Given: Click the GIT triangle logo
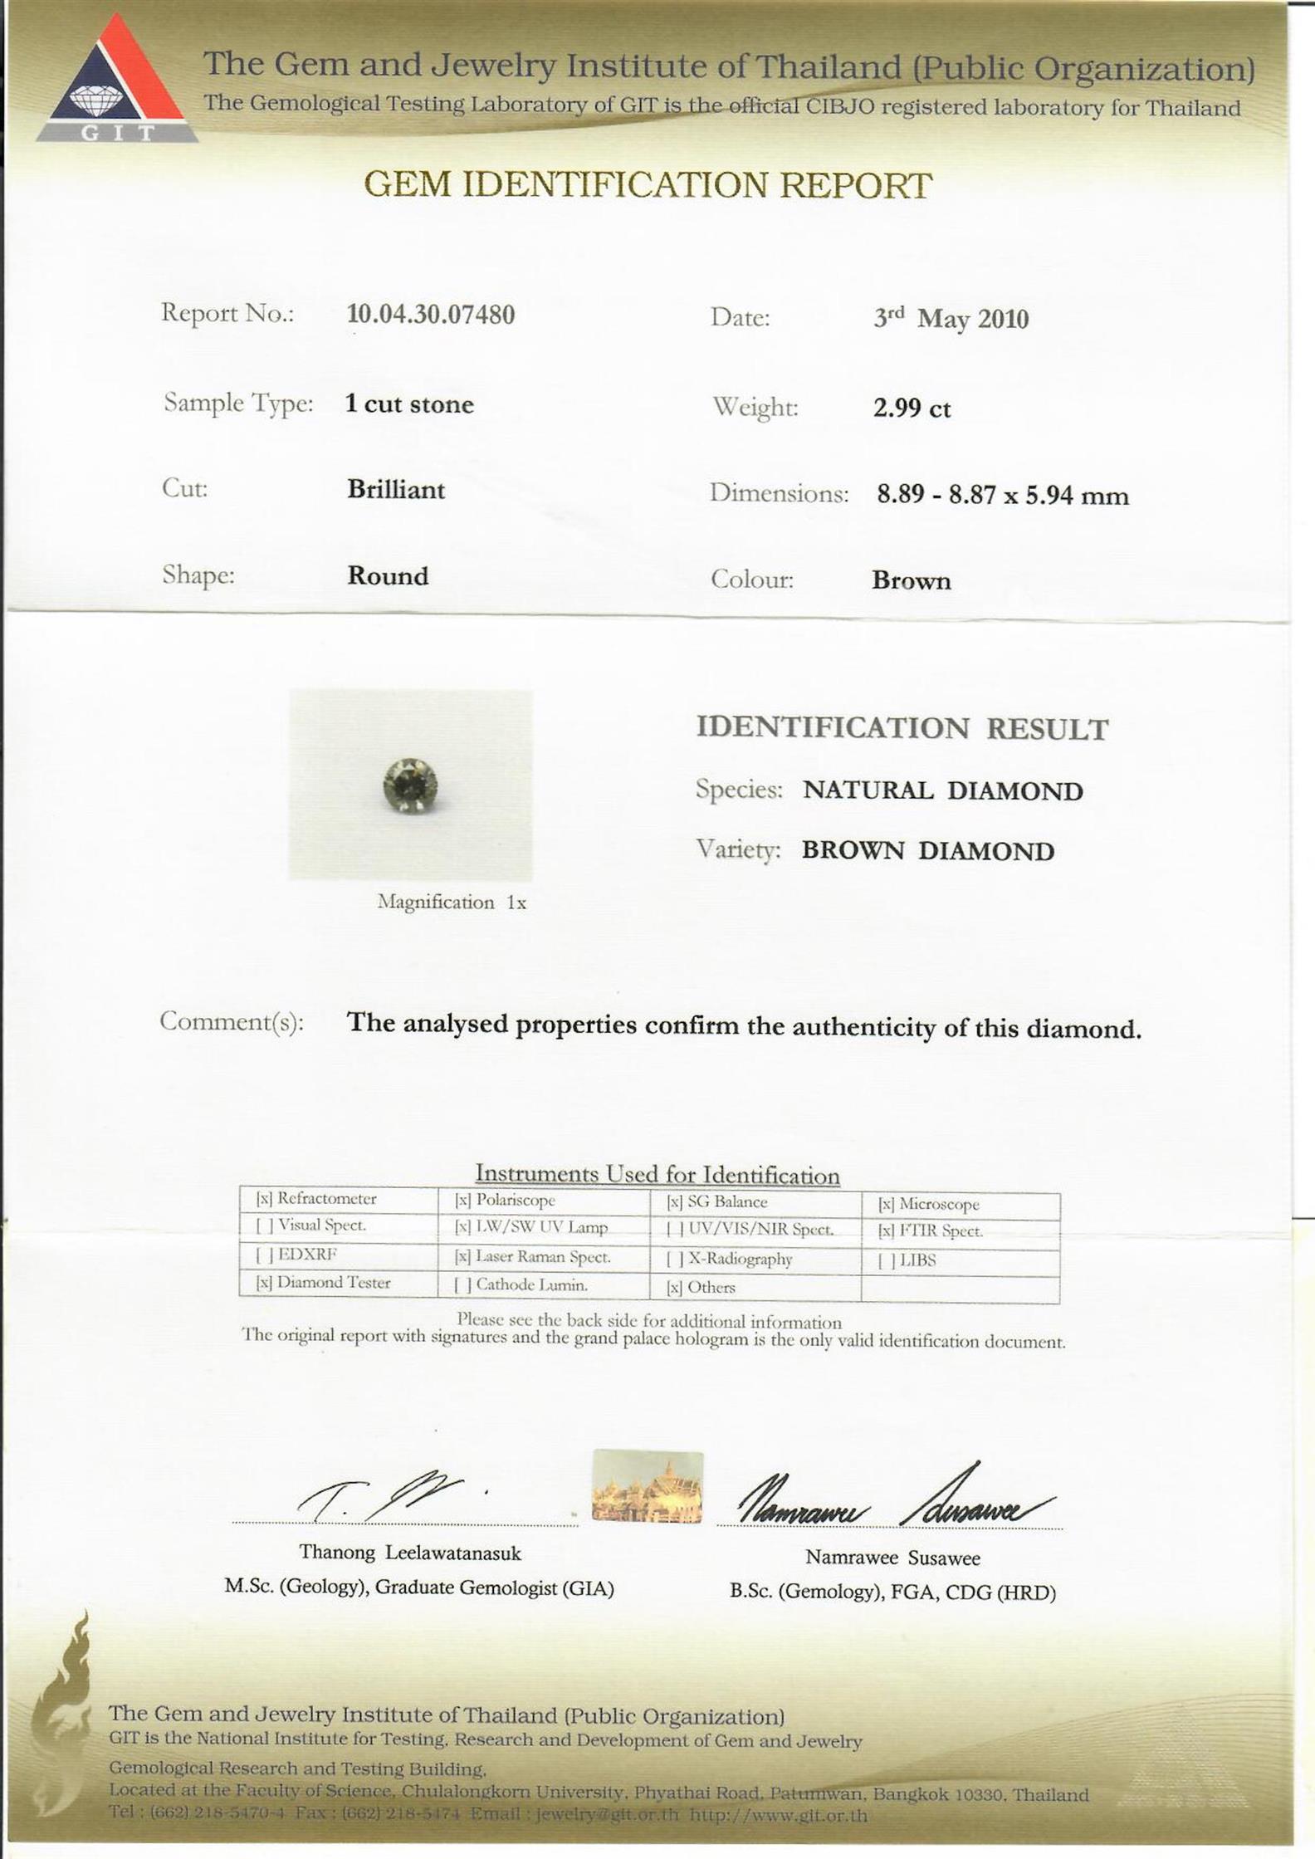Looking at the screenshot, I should click(x=117, y=81).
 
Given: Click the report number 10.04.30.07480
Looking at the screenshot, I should click(x=430, y=315).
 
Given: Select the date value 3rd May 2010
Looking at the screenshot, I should click(x=951, y=319).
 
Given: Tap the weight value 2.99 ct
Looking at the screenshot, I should click(x=911, y=408).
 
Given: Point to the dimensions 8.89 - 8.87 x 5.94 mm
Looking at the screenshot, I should click(x=1003, y=496).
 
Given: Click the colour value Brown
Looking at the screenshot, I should click(x=911, y=580).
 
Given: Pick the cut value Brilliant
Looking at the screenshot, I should click(x=396, y=490).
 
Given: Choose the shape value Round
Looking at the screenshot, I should click(x=388, y=576).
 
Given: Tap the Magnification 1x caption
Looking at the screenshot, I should click(x=452, y=903).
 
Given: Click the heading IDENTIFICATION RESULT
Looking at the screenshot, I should click(x=902, y=729).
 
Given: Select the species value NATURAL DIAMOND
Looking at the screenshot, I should click(x=942, y=790).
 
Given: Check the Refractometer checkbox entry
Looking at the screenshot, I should click(x=316, y=1198).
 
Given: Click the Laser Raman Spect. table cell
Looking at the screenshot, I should click(x=533, y=1257).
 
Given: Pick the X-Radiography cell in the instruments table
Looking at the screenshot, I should click(x=730, y=1259).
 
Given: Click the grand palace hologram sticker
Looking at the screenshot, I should click(x=648, y=1487).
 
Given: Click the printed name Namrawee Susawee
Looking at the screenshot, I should click(x=892, y=1558).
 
